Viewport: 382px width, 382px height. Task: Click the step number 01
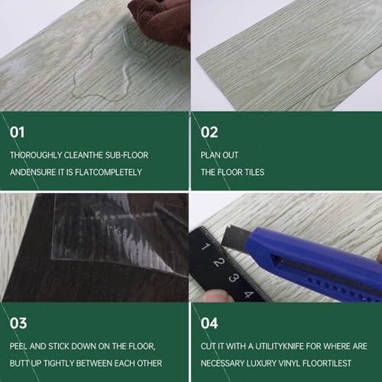(17, 132)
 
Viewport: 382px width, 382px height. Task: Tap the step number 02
(209, 132)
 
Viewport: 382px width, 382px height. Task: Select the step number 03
(18, 323)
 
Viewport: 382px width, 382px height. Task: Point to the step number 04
(209, 323)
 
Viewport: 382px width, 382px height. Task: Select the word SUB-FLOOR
(127, 155)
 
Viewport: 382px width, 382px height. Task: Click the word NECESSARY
(222, 363)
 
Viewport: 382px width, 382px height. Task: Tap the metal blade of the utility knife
(233, 239)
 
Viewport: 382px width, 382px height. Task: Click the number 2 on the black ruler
(219, 262)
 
